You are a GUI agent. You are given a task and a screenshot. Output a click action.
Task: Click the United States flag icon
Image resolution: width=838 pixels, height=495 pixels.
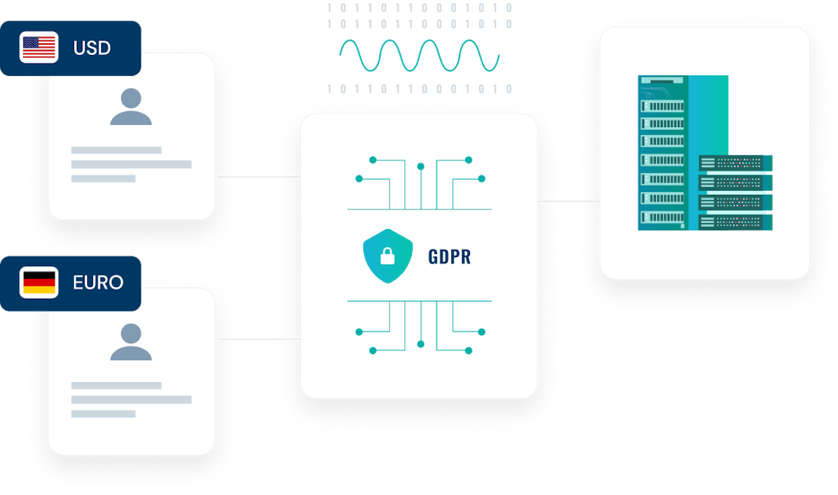pos(39,48)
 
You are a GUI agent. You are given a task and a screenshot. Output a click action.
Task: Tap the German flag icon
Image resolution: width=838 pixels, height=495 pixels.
pos(39,283)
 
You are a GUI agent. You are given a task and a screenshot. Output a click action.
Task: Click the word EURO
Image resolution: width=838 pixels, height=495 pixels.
pos(98,283)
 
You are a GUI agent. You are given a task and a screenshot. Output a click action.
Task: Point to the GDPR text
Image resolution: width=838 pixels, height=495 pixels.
pos(450,256)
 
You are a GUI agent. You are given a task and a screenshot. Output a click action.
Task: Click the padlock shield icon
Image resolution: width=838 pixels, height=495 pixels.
pos(387,256)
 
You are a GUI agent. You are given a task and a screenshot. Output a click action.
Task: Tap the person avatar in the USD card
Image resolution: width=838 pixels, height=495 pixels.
pos(131,108)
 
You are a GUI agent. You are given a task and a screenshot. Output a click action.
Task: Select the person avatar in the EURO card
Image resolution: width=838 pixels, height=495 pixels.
pos(131,342)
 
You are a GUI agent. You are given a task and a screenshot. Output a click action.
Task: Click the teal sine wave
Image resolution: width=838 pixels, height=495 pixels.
pos(419,55)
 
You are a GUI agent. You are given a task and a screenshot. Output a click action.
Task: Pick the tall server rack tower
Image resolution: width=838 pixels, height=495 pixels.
pos(663,152)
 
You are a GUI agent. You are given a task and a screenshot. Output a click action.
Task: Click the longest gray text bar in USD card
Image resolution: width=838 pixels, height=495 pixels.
pos(131,164)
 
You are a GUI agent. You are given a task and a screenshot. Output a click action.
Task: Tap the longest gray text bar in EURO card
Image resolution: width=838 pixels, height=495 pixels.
pos(131,399)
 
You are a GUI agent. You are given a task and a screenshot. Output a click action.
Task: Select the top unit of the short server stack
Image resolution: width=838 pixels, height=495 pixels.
pos(735,163)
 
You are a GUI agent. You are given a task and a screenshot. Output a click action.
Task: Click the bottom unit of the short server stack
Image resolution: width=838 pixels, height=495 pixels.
pos(735,222)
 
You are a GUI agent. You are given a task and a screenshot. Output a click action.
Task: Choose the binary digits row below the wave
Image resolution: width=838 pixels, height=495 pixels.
pos(419,89)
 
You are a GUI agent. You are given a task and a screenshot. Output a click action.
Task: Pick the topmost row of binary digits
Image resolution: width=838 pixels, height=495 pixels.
pos(419,8)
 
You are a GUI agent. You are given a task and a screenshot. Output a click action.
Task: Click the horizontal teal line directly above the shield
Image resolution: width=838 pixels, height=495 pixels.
pos(419,209)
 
